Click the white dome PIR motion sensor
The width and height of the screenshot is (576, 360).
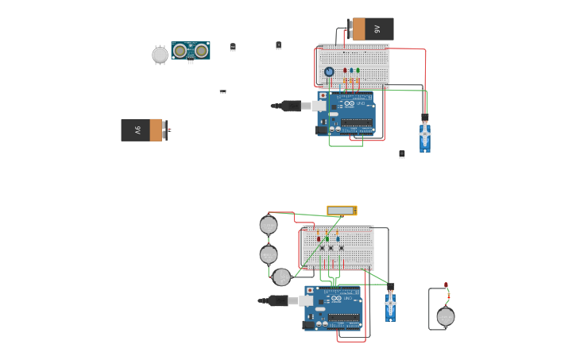[160, 55]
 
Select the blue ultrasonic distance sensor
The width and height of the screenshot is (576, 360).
[191, 51]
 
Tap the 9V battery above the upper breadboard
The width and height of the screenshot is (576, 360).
[372, 29]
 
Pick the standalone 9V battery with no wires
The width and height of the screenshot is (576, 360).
[144, 130]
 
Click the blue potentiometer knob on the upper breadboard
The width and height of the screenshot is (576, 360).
[329, 72]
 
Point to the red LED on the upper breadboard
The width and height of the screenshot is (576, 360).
[345, 71]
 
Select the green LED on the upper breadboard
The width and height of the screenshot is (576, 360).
[358, 71]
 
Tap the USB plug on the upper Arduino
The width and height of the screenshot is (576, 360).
[291, 106]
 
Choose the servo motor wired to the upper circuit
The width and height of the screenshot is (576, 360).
[425, 135]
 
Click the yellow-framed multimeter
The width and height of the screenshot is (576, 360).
[342, 211]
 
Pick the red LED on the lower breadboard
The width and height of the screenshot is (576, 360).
[319, 238]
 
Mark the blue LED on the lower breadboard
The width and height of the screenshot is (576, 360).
[338, 238]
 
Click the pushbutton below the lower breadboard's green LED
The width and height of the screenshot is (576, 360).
[331, 248]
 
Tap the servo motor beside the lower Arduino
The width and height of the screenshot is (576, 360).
[390, 304]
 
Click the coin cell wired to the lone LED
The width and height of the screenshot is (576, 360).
[446, 317]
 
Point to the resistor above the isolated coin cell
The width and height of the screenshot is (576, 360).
[448, 296]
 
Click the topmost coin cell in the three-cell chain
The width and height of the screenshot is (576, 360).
[269, 225]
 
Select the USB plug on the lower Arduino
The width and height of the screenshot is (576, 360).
[278, 300]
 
